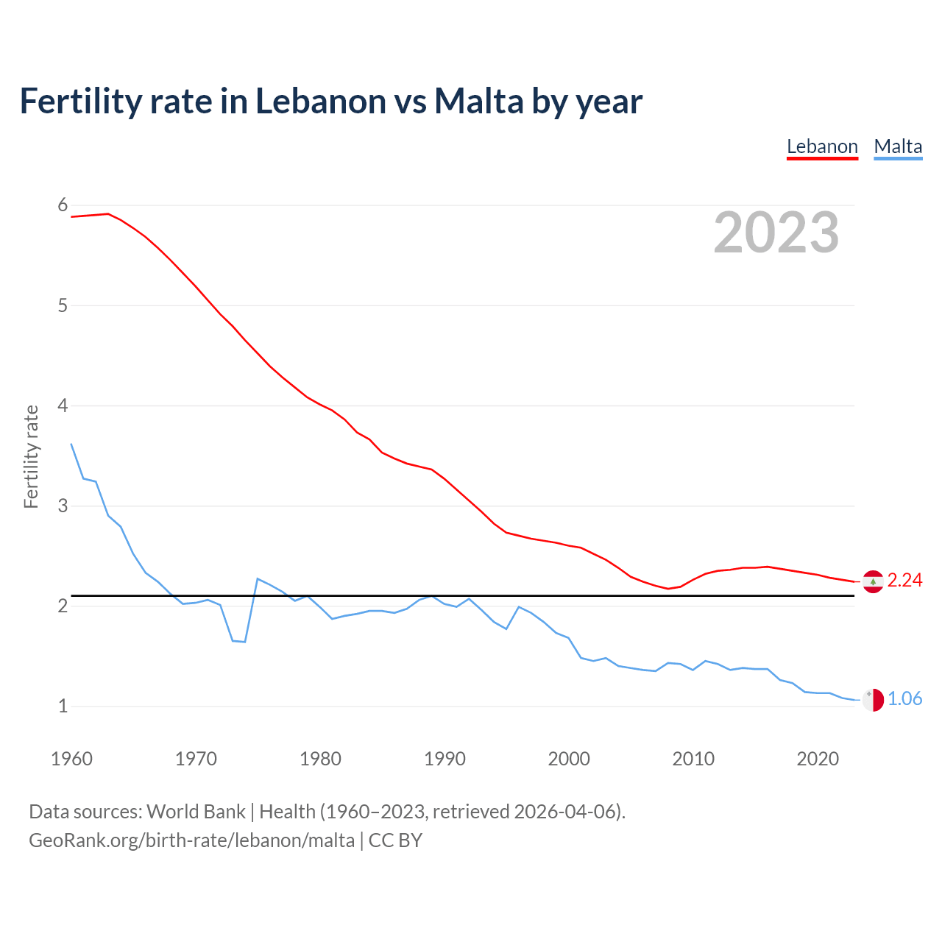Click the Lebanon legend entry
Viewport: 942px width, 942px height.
pos(822,146)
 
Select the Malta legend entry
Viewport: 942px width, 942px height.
pos(898,146)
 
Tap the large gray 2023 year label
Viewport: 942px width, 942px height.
pos(776,233)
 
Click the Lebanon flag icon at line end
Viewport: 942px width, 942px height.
pos(873,581)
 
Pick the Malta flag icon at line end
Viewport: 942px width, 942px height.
pos(873,700)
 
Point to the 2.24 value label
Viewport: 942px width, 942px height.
pos(904,581)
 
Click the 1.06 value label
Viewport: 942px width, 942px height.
pos(904,699)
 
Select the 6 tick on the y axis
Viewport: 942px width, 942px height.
pos(63,205)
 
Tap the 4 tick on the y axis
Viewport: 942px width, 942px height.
pos(63,406)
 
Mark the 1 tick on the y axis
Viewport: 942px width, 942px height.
pos(63,706)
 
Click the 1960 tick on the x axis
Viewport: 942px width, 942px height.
pos(71,759)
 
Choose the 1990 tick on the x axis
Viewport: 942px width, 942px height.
pos(445,759)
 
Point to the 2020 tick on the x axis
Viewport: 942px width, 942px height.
pos(818,759)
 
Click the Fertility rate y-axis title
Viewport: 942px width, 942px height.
pos(31,456)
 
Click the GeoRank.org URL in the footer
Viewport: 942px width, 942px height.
pos(191,840)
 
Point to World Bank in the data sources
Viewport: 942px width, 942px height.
pos(196,812)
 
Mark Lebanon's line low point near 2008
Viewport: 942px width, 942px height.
pos(668,589)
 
